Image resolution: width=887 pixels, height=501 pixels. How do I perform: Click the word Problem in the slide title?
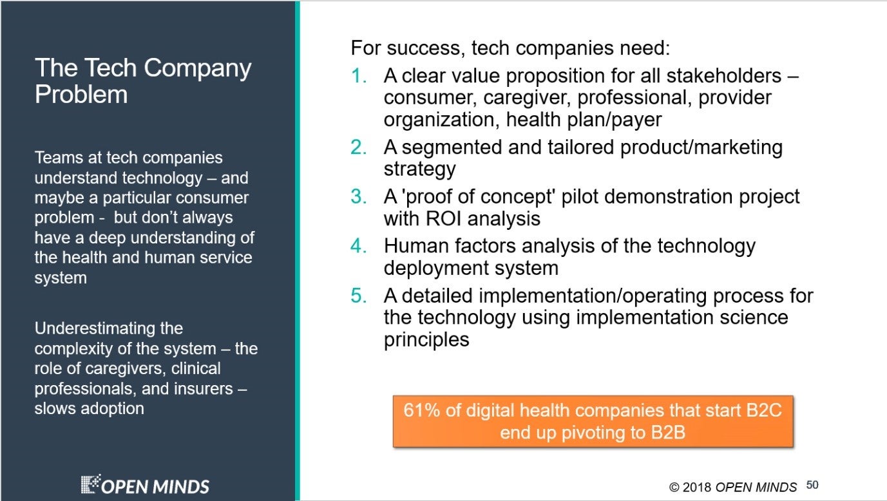pos(81,95)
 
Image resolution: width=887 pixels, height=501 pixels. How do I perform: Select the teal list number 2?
pos(358,147)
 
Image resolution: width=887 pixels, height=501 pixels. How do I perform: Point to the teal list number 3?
pos(358,196)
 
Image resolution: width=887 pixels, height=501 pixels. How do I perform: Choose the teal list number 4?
pos(358,246)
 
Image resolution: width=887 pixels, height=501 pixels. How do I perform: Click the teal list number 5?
pos(358,296)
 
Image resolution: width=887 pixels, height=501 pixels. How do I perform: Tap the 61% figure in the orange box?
pos(421,410)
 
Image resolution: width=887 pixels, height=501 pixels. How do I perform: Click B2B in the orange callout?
pos(668,432)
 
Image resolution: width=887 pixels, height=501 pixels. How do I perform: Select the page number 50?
pos(812,485)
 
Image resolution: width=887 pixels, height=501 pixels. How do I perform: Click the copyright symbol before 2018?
pos(674,487)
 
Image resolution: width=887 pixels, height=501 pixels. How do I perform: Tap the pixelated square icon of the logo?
pos(91,484)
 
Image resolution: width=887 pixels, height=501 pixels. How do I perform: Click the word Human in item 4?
pos(416,246)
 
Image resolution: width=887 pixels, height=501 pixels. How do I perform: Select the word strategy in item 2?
pos(420,169)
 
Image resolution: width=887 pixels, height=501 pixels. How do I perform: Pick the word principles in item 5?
pos(426,340)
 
